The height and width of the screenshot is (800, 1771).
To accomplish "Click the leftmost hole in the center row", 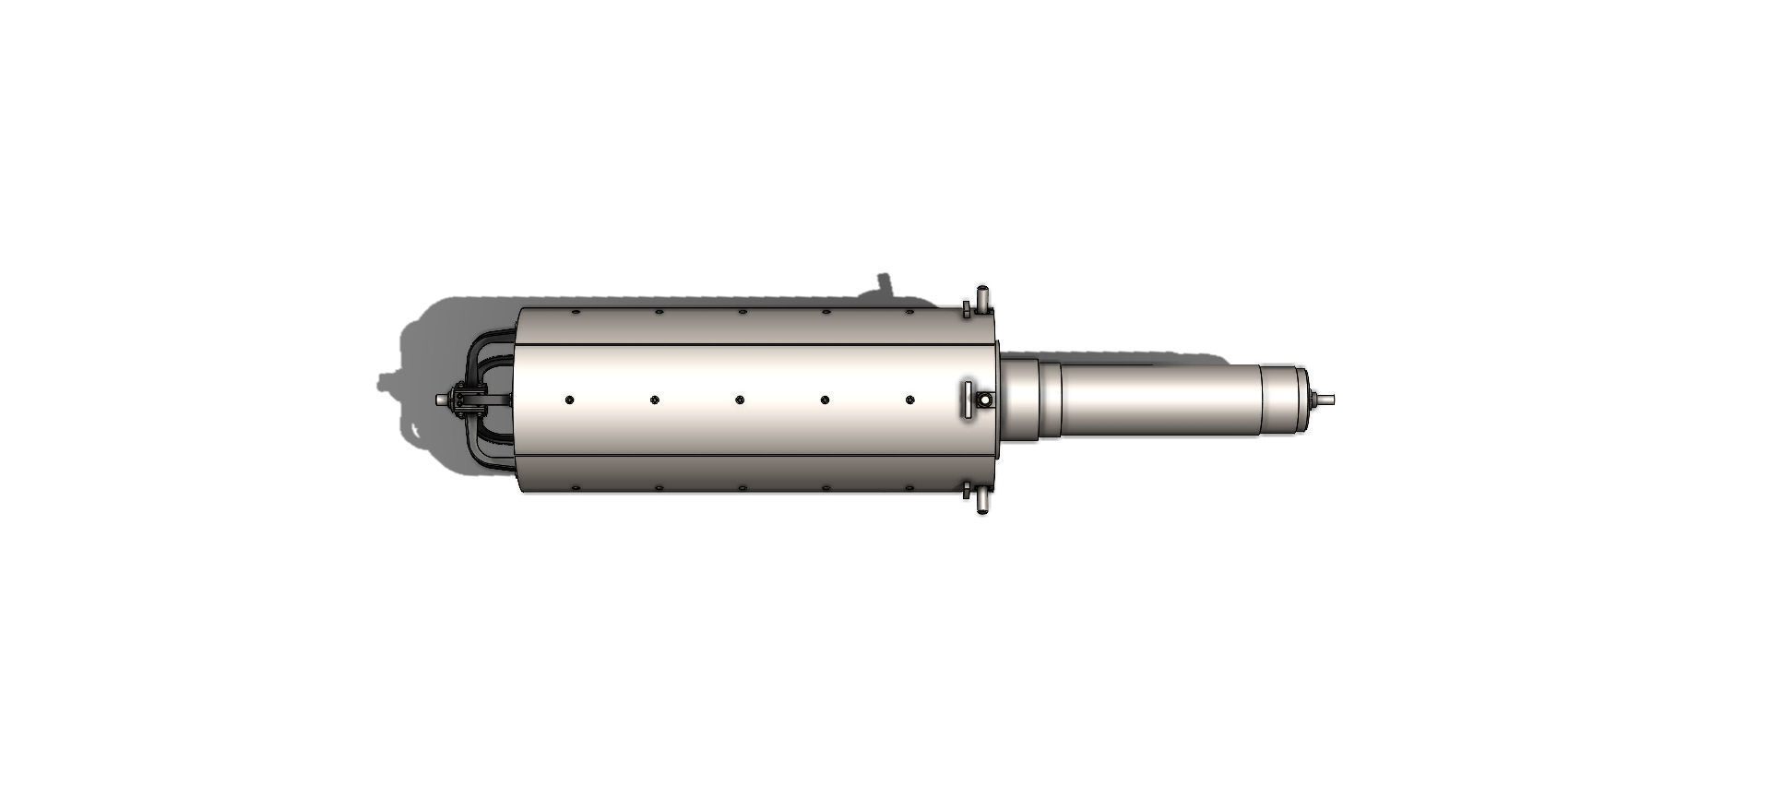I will tap(569, 400).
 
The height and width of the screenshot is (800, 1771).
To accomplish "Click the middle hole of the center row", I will tap(740, 400).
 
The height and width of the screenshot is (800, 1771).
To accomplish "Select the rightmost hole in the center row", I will tap(909, 400).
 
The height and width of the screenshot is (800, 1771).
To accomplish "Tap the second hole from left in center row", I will tap(654, 400).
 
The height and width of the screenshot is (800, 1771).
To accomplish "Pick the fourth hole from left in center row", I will tap(825, 400).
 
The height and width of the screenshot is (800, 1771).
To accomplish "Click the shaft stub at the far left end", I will tap(441, 400).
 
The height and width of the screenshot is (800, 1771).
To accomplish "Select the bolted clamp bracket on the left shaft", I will tap(468, 399).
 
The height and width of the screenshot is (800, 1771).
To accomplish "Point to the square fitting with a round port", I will tap(985, 400).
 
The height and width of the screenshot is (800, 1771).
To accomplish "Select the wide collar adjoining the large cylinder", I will tap(1021, 400).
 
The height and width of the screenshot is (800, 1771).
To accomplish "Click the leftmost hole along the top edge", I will tap(575, 312).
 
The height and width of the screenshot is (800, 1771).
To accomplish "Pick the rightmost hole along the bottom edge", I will tap(909, 487).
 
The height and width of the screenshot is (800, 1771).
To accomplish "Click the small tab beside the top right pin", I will tap(967, 308).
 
